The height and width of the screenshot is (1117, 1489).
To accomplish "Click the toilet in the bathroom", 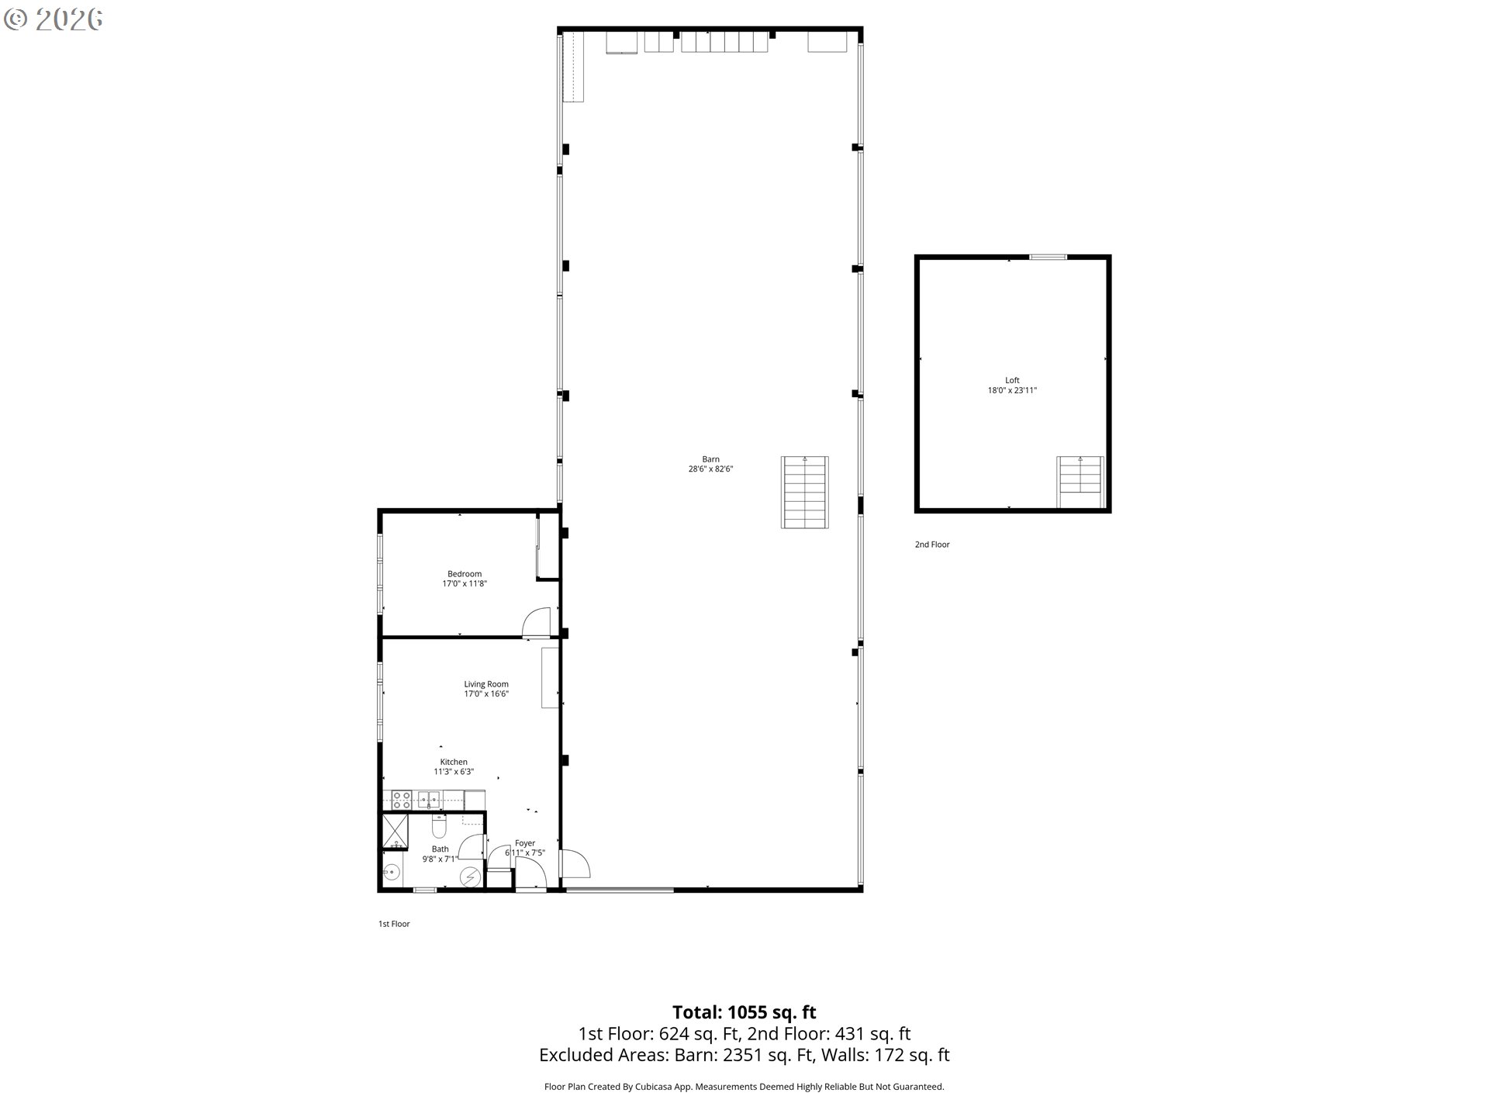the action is [x=439, y=827].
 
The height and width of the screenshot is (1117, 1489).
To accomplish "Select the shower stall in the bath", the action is [x=396, y=832].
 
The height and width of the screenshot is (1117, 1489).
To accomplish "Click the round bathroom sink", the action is [x=392, y=873].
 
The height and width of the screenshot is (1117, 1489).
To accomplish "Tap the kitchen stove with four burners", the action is [x=401, y=800].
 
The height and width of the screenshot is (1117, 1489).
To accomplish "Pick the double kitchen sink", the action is [x=429, y=799].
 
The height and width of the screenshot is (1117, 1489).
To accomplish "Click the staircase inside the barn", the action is [x=805, y=493].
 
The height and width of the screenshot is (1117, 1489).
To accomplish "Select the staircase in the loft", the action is [x=1080, y=482].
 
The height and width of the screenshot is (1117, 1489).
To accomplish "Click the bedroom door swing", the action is [x=536, y=621].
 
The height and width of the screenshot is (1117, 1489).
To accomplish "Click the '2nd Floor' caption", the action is [x=932, y=545].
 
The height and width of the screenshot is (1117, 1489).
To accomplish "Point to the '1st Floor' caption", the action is [x=394, y=924].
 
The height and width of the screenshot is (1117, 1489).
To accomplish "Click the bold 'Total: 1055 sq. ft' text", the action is [x=744, y=1012].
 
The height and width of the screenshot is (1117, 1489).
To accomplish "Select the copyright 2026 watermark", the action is [x=53, y=19].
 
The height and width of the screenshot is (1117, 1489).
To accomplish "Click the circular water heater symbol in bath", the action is [x=470, y=877].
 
